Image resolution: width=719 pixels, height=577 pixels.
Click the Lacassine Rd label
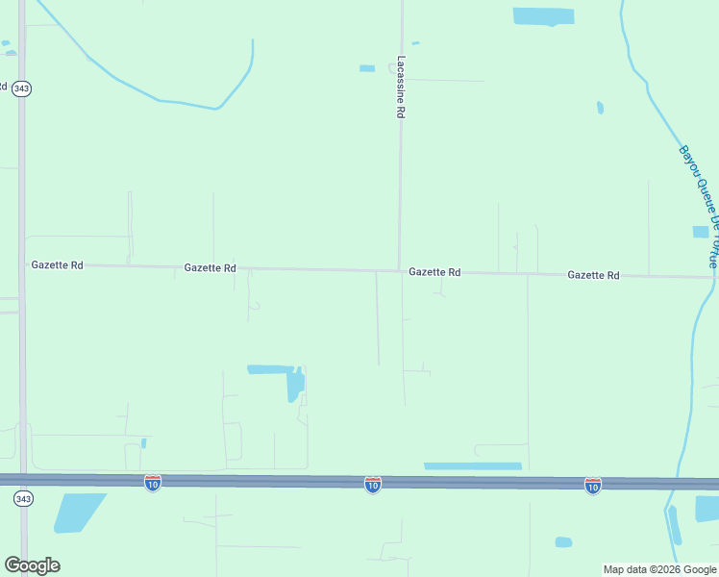point(400,87)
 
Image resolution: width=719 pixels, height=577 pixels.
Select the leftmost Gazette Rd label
point(57,264)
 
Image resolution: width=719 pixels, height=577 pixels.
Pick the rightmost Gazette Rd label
point(593,275)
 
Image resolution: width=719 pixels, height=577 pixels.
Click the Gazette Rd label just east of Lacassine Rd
point(434,272)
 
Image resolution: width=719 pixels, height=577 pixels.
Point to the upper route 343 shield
point(22,88)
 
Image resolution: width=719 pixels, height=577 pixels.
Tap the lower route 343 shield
point(23,498)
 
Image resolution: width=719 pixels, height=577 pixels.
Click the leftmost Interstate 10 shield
point(153,483)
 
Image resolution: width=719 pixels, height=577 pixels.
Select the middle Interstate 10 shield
point(373,484)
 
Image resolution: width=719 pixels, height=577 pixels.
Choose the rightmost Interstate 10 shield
point(593,486)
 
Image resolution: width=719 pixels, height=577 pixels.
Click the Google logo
point(32,564)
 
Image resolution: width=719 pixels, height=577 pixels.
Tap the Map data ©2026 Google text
point(659,569)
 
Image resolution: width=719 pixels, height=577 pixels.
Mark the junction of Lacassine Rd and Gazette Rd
point(399,270)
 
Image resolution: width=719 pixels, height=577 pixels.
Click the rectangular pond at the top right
point(543,15)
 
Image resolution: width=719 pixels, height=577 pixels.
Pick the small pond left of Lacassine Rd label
point(366,68)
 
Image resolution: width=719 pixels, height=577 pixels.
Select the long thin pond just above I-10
point(473,466)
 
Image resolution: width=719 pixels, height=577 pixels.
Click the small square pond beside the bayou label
point(700,232)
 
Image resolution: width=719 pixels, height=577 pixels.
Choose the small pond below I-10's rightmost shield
point(563,542)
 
